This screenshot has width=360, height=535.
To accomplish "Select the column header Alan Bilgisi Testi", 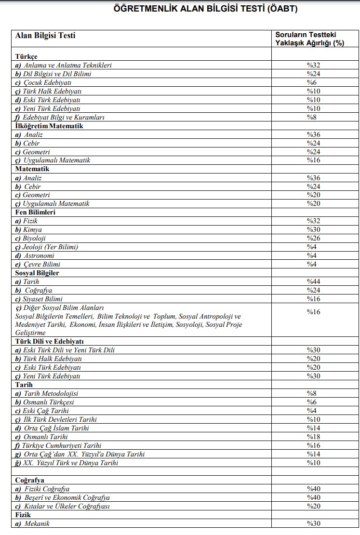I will (45, 35).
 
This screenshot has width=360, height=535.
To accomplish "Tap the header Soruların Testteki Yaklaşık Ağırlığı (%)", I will (309, 39).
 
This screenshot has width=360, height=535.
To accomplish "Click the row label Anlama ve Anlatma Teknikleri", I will (64, 65).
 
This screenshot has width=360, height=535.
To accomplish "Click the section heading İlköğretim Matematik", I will (49, 126).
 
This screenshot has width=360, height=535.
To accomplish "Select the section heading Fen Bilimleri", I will (35, 212).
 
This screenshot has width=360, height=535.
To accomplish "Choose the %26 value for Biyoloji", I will (313, 239).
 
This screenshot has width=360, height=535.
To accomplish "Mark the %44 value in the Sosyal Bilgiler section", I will (313, 281).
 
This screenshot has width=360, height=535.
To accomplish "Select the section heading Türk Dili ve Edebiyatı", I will (50, 341).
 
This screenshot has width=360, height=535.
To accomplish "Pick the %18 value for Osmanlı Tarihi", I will (313, 437).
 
